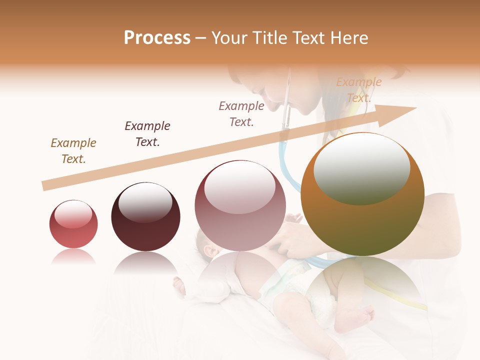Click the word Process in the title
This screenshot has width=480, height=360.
coord(157,38)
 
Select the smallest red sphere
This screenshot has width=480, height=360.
coord(73,224)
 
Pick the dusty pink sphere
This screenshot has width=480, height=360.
coord(240,206)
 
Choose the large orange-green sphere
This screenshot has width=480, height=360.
coord(362,195)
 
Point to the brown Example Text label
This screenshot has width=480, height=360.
coord(73,151)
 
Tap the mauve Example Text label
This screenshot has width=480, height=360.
coord(241,114)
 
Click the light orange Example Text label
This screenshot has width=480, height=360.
coord(359,90)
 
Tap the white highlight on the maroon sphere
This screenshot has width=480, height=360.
coord(145,202)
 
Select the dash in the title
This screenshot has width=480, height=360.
coord(200,38)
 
